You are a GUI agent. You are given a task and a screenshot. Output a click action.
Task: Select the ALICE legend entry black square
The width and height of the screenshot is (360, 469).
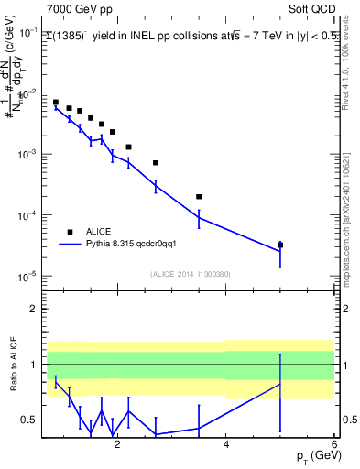click(x=69, y=232)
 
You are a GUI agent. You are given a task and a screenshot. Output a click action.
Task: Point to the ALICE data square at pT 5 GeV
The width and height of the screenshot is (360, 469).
click(x=280, y=245)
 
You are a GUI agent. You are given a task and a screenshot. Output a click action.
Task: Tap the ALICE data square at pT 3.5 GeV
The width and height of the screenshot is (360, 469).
click(x=199, y=196)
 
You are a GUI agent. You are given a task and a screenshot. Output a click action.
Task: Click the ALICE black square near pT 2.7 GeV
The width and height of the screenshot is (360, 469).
click(x=156, y=163)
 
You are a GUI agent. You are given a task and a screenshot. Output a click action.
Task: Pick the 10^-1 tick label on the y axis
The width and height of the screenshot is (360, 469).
click(x=27, y=33)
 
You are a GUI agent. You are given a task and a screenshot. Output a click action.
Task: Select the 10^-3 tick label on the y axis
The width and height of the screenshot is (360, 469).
click(x=27, y=154)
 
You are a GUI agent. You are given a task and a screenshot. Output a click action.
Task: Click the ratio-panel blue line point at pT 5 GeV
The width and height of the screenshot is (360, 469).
click(x=280, y=383)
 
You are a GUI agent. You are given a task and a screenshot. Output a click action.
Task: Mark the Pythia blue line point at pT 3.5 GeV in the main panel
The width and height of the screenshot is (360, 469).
click(x=199, y=217)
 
